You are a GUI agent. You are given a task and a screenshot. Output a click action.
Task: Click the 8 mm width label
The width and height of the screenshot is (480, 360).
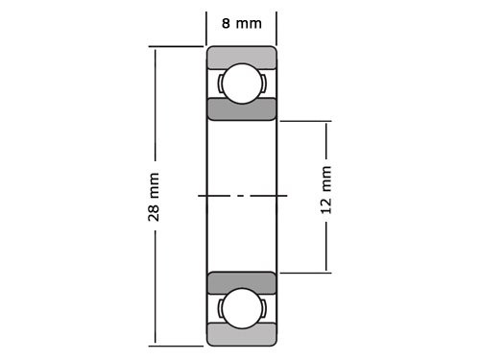tap(242, 21)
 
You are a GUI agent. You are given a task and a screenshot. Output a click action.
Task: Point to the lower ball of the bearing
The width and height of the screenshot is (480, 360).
tap(242, 308)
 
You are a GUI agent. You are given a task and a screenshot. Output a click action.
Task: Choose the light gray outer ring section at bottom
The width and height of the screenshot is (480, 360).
tap(242, 336)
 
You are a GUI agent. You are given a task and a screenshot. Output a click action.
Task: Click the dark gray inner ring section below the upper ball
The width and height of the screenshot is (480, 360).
tap(242, 110)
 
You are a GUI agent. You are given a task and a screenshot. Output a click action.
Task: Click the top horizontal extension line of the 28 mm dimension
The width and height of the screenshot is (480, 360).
tap(178, 46)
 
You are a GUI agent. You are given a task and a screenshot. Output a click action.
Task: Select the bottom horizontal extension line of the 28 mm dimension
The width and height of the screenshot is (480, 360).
tap(178, 345)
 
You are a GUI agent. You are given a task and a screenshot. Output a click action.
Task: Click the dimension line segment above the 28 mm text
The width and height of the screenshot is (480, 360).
tap(155, 106)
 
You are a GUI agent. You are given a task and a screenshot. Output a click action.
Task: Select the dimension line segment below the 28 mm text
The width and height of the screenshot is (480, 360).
tap(155, 288)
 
